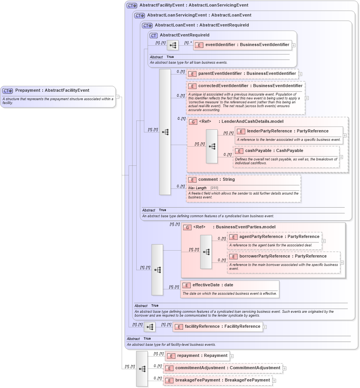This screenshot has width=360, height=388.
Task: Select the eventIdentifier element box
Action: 243,45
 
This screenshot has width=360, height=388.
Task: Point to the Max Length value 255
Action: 214,188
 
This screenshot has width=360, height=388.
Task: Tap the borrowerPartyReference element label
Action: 283,256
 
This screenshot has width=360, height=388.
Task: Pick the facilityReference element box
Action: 217,327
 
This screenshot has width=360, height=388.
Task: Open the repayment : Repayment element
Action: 197,356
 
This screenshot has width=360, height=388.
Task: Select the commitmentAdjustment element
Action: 223,368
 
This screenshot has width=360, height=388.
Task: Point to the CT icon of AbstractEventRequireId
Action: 154,35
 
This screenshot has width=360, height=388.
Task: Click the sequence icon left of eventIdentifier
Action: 173,45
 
